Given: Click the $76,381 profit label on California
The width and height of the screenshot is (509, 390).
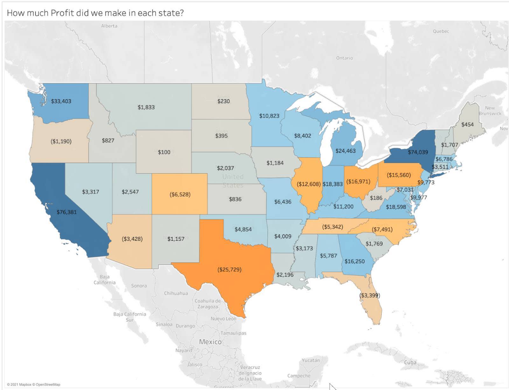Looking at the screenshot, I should point(66,212).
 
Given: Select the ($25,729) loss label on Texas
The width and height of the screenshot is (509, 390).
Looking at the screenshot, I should point(229,270).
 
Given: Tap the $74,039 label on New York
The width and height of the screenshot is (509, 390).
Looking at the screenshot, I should point(418,152).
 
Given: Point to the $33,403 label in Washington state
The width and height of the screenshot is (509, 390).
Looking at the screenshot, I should point(61,101).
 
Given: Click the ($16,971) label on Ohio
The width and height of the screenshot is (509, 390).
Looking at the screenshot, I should point(358,181).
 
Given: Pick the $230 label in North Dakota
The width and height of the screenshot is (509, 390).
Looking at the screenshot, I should point(223,101).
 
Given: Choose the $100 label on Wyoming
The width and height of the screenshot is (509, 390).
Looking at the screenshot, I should point(164,152).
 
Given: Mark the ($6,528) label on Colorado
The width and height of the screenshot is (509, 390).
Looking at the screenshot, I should point(180,194).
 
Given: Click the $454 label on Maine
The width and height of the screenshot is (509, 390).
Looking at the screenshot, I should point(467,124).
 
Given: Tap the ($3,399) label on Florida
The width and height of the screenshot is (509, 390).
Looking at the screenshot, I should point(369,295).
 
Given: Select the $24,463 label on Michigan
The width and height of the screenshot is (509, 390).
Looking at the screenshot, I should point(345,151).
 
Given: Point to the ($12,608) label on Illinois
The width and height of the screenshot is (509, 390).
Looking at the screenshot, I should point(308,184).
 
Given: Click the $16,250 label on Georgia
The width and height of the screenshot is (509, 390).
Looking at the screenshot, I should point(354,261).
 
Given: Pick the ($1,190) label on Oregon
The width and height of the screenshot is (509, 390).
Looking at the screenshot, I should point(61,141).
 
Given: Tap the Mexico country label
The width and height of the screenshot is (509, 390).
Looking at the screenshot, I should point(210,342).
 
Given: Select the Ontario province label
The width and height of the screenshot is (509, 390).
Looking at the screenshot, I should point(344,58).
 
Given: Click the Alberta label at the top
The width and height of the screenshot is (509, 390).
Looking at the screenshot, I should point(109,26).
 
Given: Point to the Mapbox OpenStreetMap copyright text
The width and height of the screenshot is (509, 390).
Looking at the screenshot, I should point(33,385).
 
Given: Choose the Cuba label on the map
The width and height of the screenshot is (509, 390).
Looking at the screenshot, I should point(410,362).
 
